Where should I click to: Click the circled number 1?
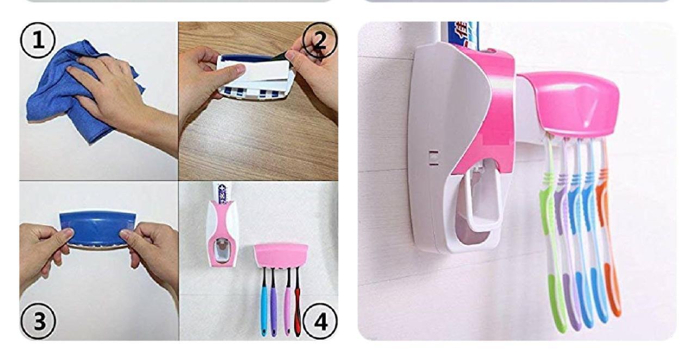(x=38, y=41)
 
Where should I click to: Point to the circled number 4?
(x=321, y=321)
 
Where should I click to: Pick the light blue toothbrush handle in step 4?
(x=263, y=310)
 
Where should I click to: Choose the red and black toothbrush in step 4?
(x=297, y=305)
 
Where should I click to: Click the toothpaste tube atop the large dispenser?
(x=459, y=33)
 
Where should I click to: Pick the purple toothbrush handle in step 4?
(x=274, y=310)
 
